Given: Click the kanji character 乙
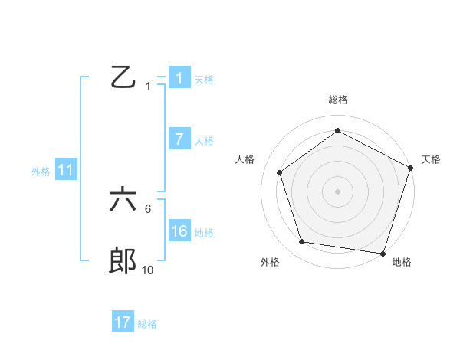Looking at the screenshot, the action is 123,78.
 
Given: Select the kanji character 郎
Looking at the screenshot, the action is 123,262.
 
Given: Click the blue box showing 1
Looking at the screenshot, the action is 179,78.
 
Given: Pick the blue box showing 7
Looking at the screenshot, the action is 179,139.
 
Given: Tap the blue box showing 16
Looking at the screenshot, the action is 179,231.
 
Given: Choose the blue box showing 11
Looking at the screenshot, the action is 65,170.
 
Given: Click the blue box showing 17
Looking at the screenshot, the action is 123,322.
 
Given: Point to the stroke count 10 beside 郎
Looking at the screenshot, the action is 147,270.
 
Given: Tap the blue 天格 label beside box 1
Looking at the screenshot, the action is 204,79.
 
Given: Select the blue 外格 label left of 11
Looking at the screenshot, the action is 41,171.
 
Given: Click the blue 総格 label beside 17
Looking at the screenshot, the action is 147,323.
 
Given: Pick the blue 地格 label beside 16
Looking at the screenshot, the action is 204,232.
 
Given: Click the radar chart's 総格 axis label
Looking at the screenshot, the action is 337,100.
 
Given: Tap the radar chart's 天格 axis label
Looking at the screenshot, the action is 431,159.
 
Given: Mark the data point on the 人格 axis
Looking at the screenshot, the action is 280,172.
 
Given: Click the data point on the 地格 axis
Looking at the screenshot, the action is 382,252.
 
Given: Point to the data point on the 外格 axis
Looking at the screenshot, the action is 302,242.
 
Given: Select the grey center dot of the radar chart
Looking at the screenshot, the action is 337,191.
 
